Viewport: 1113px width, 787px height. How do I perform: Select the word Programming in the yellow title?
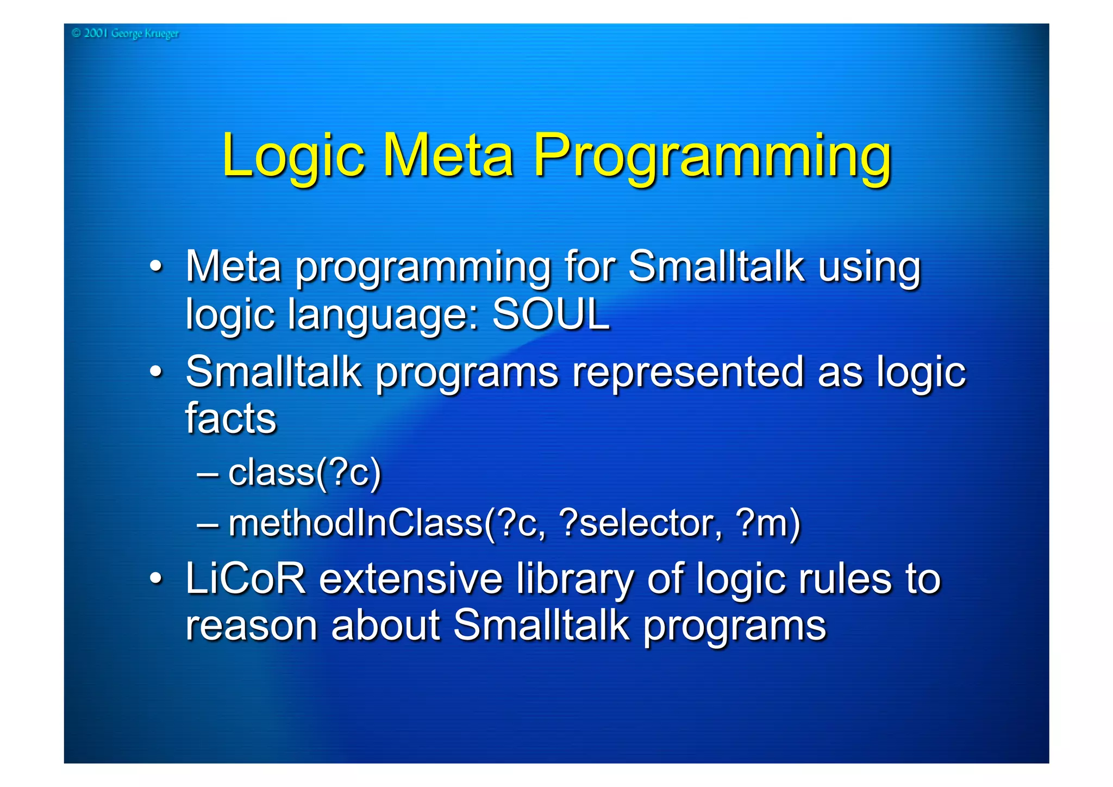coord(712,158)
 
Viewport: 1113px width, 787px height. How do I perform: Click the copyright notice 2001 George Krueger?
coord(125,34)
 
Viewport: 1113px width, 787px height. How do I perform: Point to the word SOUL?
coord(551,314)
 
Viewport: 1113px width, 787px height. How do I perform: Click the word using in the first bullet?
coord(869,268)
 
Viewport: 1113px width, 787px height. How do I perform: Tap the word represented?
coord(687,372)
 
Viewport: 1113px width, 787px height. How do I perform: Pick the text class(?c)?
coord(304,473)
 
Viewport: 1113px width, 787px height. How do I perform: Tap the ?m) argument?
coord(767,523)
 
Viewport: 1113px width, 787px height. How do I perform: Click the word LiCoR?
coord(246,579)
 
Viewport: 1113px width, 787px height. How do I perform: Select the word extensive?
coord(410,579)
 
